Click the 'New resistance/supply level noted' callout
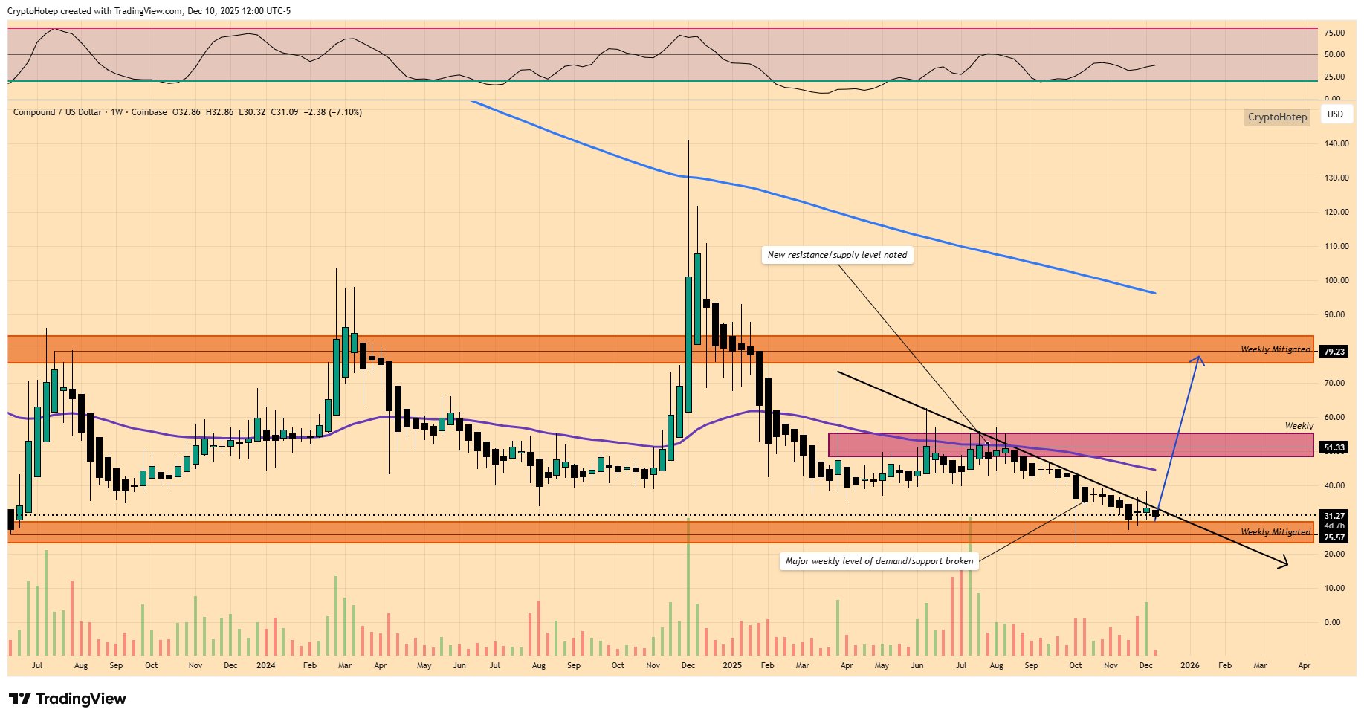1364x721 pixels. click(x=837, y=255)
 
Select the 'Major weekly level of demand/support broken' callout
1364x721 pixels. click(x=879, y=561)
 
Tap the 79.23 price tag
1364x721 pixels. click(x=1334, y=352)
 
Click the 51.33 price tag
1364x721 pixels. click(x=1334, y=447)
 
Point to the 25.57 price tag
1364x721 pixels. click(x=1334, y=537)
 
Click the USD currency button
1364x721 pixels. click(x=1335, y=114)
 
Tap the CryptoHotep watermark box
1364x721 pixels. click(x=1276, y=117)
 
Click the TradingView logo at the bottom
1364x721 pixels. click(x=68, y=699)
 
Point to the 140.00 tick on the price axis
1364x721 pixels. click(x=1336, y=143)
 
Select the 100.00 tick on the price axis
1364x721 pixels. click(x=1336, y=280)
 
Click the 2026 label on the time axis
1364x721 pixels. click(x=1189, y=665)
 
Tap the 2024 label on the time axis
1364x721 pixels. click(x=265, y=665)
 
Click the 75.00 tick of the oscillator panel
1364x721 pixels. click(x=1334, y=33)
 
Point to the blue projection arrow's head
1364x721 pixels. click(x=1197, y=359)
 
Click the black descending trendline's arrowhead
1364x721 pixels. click(x=1284, y=565)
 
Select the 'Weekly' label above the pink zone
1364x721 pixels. click(x=1299, y=426)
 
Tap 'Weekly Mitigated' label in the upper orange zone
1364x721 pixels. click(x=1275, y=349)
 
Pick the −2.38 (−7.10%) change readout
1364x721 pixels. click(x=334, y=112)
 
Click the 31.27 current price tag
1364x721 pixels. click(x=1334, y=515)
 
